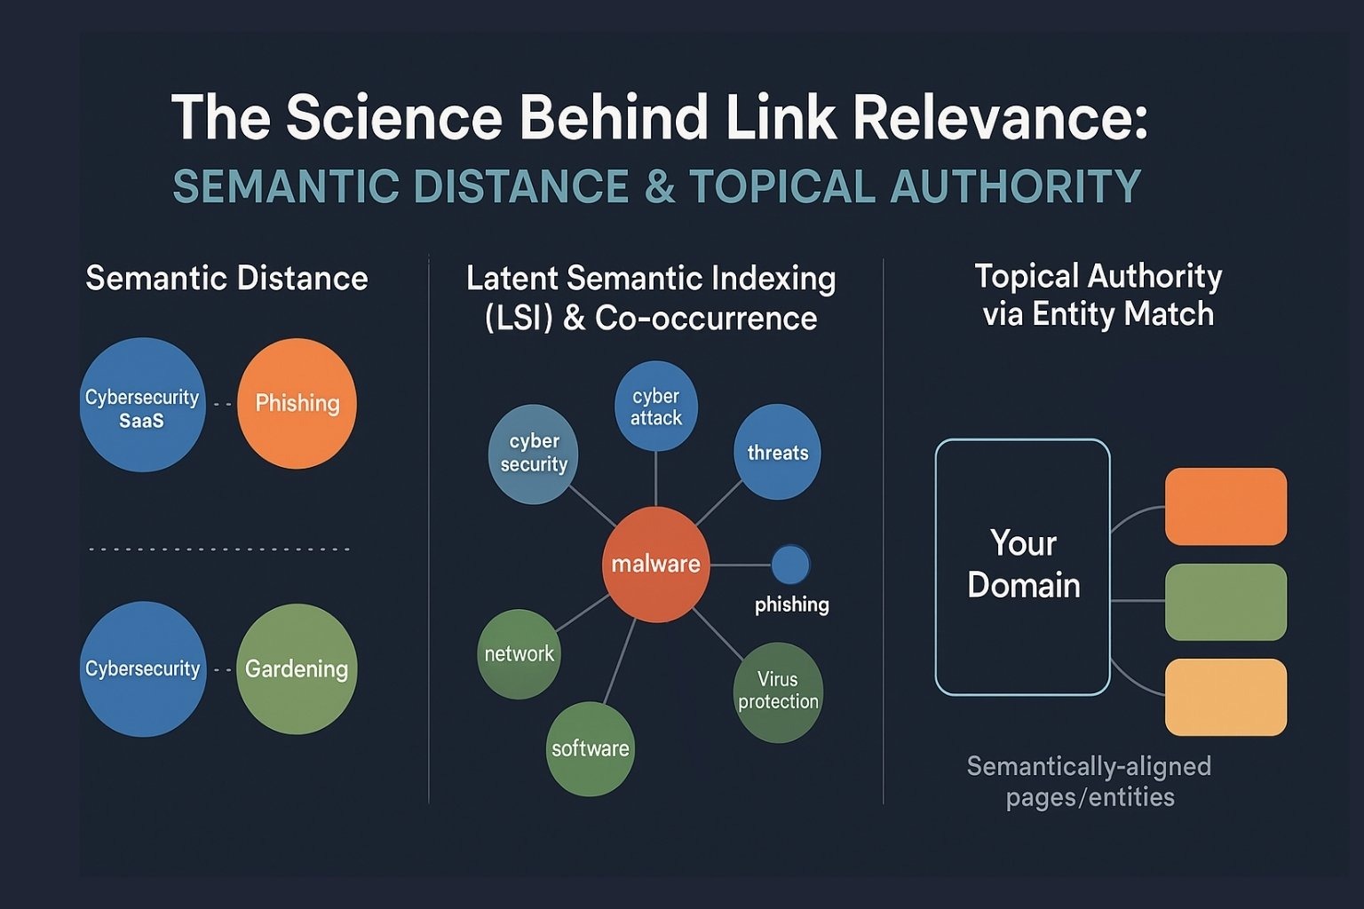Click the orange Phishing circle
click(297, 403)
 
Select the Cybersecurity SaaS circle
click(142, 405)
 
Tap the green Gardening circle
click(297, 668)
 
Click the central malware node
click(656, 565)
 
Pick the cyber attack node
click(656, 406)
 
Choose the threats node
click(778, 452)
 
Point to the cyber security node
click(534, 454)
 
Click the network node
click(519, 654)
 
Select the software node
click(590, 748)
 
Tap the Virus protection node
click(778, 692)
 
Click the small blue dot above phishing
click(790, 565)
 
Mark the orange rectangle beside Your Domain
click(1225, 506)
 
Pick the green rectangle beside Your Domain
click(1225, 602)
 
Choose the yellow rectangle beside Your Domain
click(1225, 697)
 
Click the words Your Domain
click(1024, 563)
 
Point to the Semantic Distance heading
click(226, 278)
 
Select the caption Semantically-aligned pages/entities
click(1090, 781)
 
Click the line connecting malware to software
click(619, 661)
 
